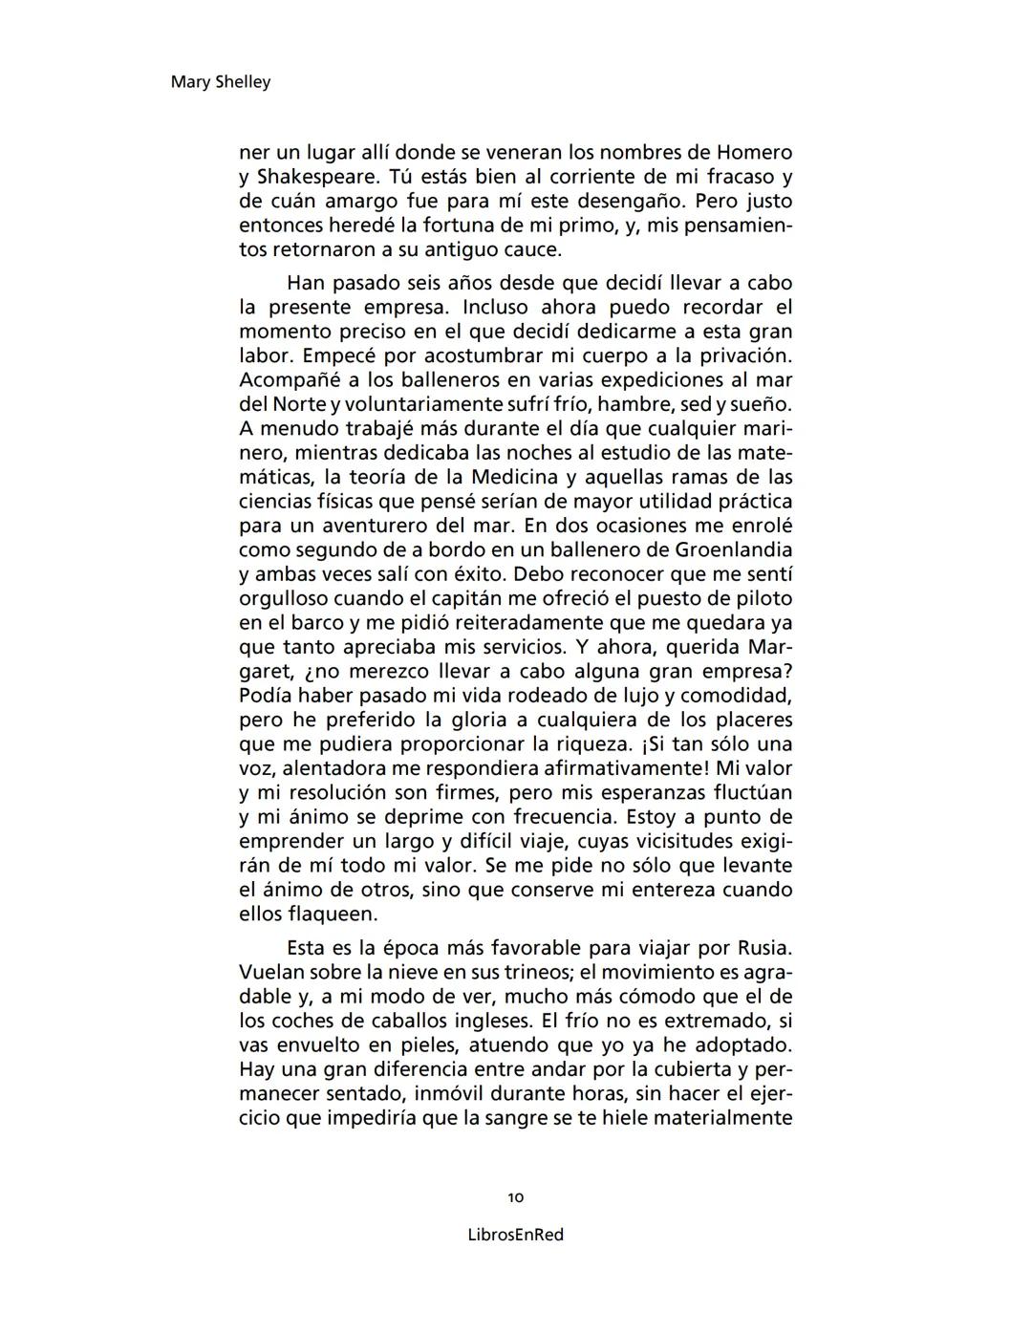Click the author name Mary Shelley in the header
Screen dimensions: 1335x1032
(x=220, y=82)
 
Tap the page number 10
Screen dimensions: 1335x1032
(x=516, y=1197)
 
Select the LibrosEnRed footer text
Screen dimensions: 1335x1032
(x=516, y=1235)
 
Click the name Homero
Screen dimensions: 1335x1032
(x=755, y=152)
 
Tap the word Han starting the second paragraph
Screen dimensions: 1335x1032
(x=306, y=283)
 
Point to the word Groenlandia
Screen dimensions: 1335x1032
(x=734, y=549)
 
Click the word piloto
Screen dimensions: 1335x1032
(x=764, y=598)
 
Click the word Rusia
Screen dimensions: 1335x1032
(x=764, y=948)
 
